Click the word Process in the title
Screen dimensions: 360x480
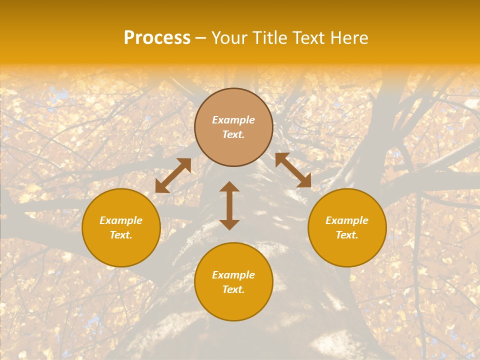point(157,38)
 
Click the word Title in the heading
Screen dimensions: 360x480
point(269,38)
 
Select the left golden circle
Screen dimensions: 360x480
point(121,250)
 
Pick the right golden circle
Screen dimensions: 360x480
point(347,250)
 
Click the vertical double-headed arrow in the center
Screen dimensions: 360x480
point(229,205)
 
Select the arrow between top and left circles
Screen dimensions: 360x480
point(173,175)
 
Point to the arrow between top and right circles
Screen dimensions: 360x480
point(293,170)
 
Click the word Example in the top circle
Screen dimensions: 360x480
point(233,120)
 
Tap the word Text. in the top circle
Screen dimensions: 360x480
point(233,134)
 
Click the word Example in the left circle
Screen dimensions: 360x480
point(121,220)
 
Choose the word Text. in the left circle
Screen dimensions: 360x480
point(121,235)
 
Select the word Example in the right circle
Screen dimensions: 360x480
point(347,220)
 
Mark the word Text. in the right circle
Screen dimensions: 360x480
point(347,235)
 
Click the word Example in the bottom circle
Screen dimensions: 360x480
point(233,275)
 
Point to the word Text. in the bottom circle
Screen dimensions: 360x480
point(233,289)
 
